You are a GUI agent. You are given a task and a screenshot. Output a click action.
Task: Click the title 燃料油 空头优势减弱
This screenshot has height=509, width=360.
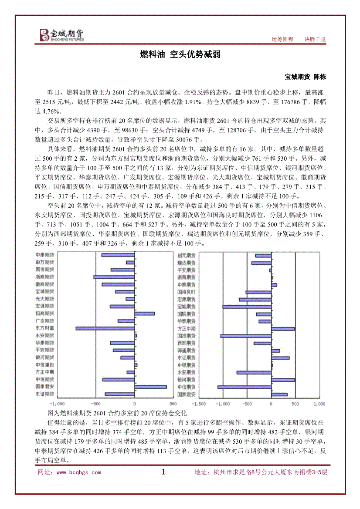(180, 54)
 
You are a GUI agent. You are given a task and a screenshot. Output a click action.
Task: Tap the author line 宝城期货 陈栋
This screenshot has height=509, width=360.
(305, 77)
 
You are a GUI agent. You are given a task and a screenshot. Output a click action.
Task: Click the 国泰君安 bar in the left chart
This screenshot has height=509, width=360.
(150, 387)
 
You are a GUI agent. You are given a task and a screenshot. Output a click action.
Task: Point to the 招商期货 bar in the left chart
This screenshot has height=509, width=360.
(145, 313)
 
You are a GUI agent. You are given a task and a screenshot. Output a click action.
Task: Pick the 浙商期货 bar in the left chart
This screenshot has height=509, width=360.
(114, 277)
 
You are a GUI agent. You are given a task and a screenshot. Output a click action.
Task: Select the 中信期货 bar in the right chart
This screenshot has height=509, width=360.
(245, 387)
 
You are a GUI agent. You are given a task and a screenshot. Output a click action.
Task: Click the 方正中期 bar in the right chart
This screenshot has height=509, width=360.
(283, 329)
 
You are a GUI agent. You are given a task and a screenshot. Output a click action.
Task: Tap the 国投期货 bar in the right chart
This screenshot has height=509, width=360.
(246, 336)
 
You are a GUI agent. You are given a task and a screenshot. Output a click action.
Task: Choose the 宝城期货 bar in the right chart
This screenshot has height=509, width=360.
(247, 307)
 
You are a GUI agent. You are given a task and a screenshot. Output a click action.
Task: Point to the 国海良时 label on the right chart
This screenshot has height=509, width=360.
(187, 292)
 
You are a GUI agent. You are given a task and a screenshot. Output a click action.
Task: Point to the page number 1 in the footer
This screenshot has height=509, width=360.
(163, 472)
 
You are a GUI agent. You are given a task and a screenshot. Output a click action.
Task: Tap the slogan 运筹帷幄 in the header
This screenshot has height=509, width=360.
(282, 39)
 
